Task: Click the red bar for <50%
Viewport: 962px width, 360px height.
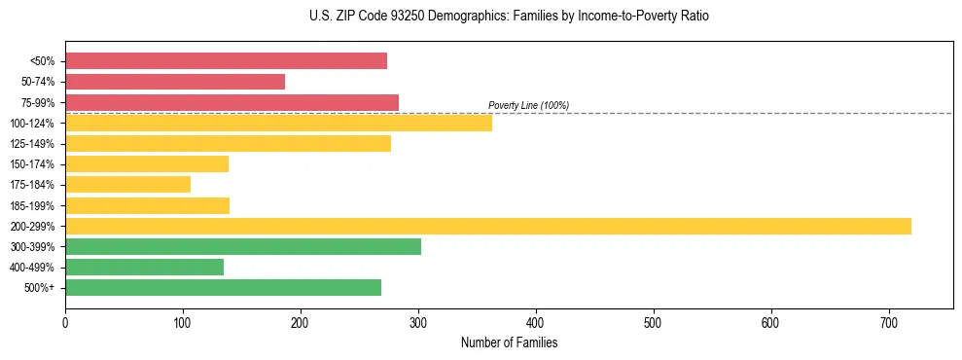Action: pyautogui.click(x=226, y=61)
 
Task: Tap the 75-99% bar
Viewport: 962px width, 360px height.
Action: pyautogui.click(x=232, y=102)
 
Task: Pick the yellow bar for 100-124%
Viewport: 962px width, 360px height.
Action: pyautogui.click(x=278, y=123)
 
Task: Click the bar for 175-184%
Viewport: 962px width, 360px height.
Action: pyautogui.click(x=127, y=184)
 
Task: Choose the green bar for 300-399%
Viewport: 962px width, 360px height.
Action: pyautogui.click(x=243, y=246)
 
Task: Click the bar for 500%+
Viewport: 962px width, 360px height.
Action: pyautogui.click(x=223, y=287)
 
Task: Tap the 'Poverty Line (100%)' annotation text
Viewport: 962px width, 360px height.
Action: pyautogui.click(x=528, y=105)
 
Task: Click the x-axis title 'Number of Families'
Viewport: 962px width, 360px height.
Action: pyautogui.click(x=509, y=342)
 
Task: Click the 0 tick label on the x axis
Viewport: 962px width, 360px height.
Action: pyautogui.click(x=65, y=322)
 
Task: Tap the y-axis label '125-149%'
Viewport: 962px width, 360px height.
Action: pyautogui.click(x=34, y=144)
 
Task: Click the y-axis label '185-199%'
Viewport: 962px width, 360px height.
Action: pyautogui.click(x=34, y=205)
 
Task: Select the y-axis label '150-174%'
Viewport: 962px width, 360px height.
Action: pyautogui.click(x=34, y=164)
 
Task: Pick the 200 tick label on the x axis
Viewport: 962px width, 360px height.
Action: pyautogui.click(x=301, y=322)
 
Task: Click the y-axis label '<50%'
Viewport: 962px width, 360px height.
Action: pyautogui.click(x=42, y=61)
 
